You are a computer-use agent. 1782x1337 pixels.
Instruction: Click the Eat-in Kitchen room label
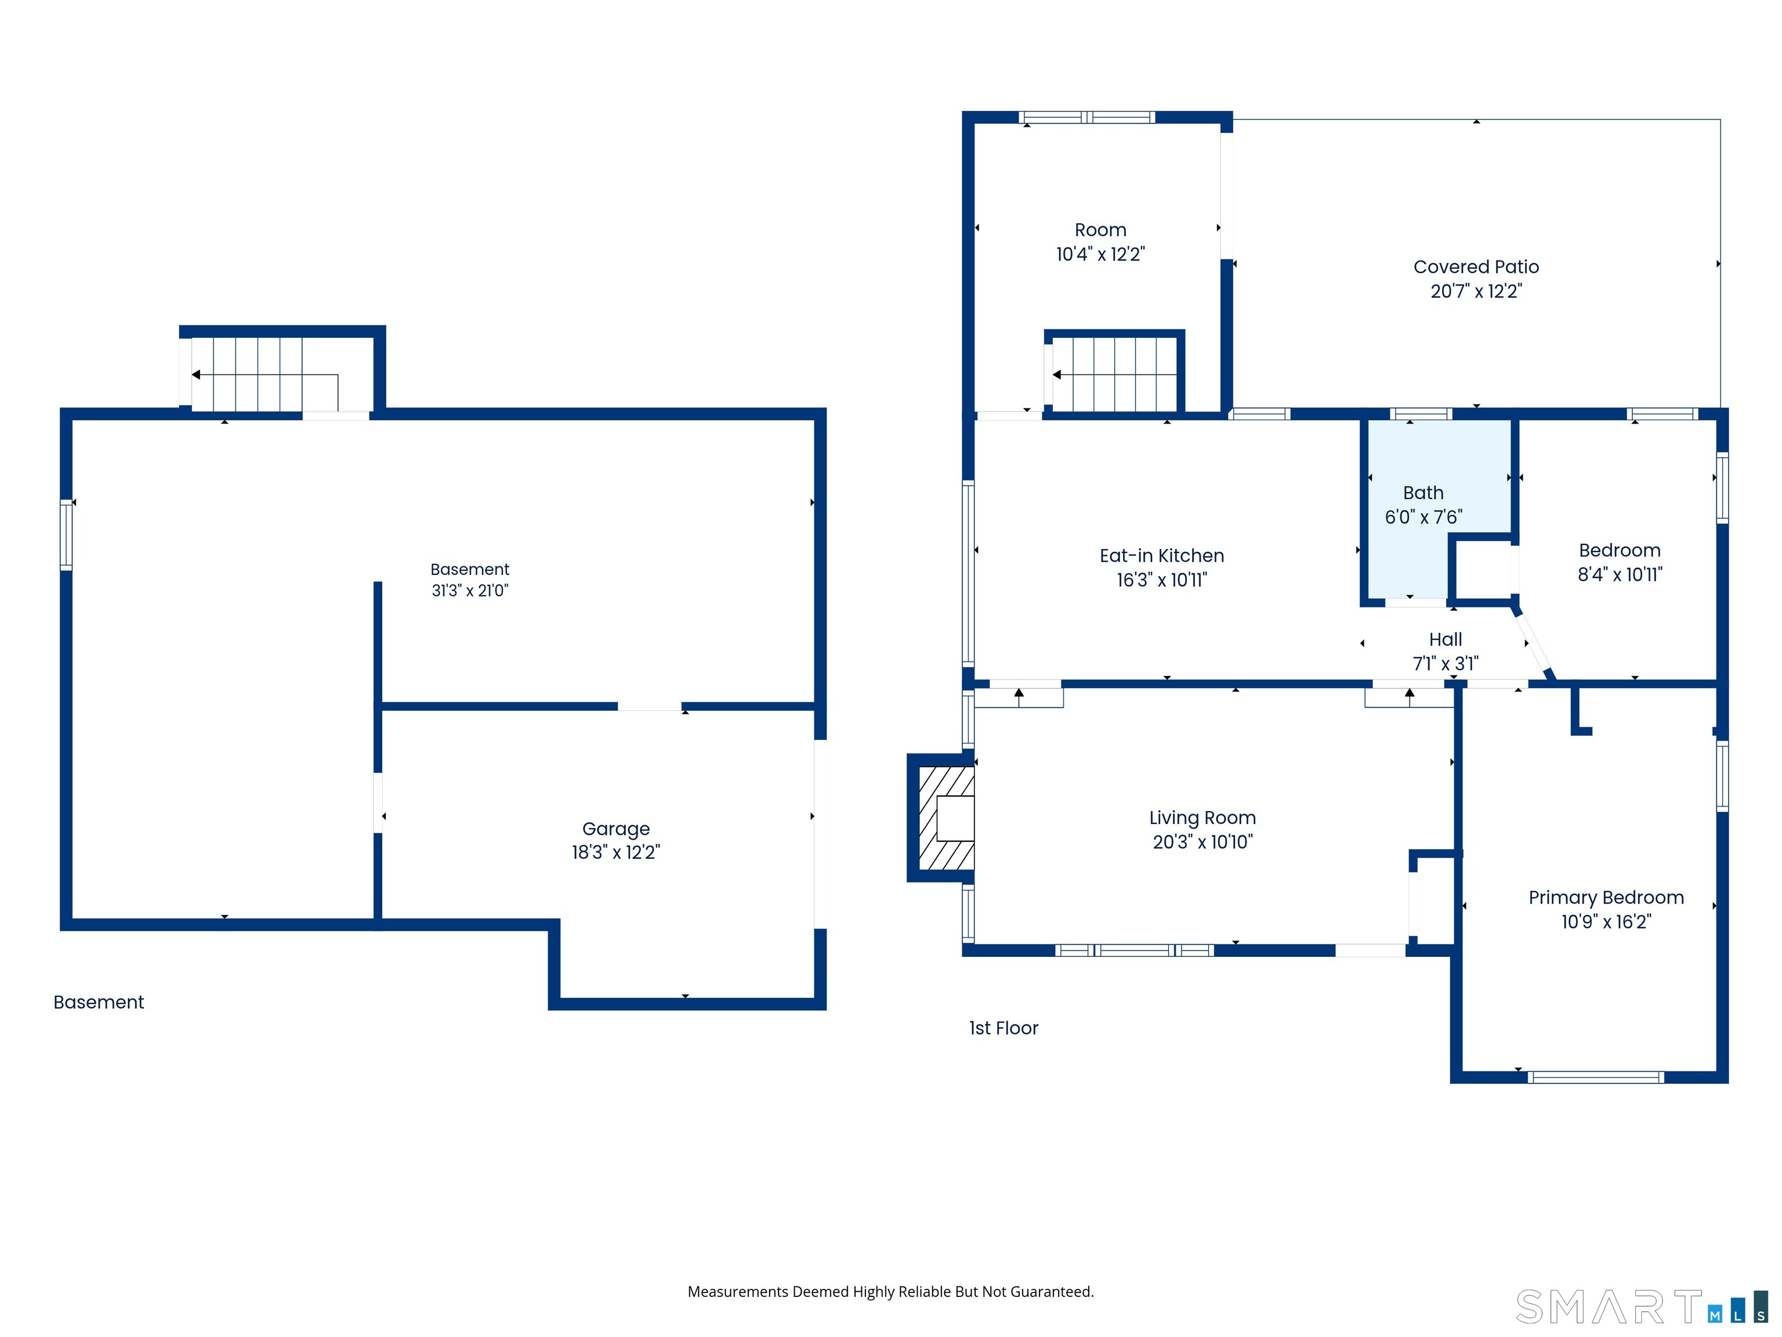1162,556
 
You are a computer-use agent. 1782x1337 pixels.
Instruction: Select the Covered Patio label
1476,267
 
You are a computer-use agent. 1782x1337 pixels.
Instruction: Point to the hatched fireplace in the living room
944,818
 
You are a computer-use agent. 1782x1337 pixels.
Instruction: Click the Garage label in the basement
615,829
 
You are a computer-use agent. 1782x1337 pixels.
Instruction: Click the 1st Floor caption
1004,1028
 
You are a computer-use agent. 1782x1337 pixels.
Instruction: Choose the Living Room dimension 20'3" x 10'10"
1203,842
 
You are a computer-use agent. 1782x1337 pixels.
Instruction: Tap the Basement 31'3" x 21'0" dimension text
470,591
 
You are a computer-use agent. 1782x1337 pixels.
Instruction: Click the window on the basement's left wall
66,535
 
